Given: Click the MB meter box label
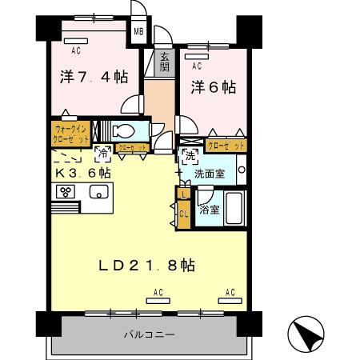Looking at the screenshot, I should (138, 32).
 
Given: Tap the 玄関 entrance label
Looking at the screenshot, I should (164, 61).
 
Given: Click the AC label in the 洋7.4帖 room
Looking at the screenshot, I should (76, 50).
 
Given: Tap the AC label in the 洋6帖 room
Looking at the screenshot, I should (197, 67).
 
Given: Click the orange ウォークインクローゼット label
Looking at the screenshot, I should (70, 131).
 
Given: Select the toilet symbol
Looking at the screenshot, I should (124, 130).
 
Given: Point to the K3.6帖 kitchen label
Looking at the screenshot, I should (82, 172).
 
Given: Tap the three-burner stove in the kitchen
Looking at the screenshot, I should (65, 192).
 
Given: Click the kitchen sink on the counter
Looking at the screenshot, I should (100, 192).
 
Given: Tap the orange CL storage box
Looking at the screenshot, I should (183, 214).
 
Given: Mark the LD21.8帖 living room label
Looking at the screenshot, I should (147, 264).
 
